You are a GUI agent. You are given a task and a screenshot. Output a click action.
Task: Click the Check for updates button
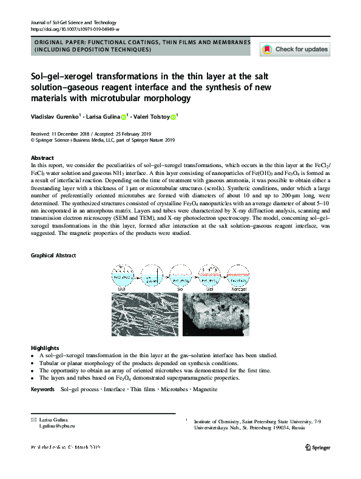[294, 50]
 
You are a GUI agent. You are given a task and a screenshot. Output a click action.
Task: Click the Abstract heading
[42, 157]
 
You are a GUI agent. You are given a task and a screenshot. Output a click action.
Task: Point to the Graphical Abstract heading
[53, 256]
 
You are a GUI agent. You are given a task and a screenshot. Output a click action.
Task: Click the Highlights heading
[44, 348]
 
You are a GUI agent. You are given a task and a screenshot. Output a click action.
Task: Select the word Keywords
[43, 389]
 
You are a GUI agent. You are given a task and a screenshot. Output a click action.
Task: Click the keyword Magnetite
[204, 389]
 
